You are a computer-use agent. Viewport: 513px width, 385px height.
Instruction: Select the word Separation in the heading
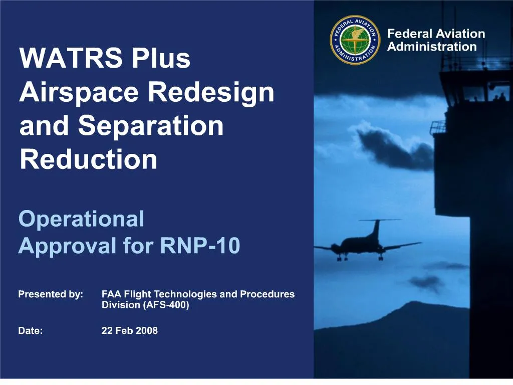coord(151,126)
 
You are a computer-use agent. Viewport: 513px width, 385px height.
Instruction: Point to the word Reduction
coord(88,159)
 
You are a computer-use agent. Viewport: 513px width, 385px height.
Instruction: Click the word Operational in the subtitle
coord(81,219)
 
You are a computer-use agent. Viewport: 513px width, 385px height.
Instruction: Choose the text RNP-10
coord(200,246)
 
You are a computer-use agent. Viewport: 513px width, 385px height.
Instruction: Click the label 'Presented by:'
coord(51,294)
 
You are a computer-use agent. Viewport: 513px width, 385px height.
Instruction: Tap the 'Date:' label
coord(31,330)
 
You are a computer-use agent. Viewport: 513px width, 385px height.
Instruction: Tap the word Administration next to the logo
coord(432,47)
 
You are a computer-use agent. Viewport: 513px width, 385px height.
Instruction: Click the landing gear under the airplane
coord(342,258)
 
